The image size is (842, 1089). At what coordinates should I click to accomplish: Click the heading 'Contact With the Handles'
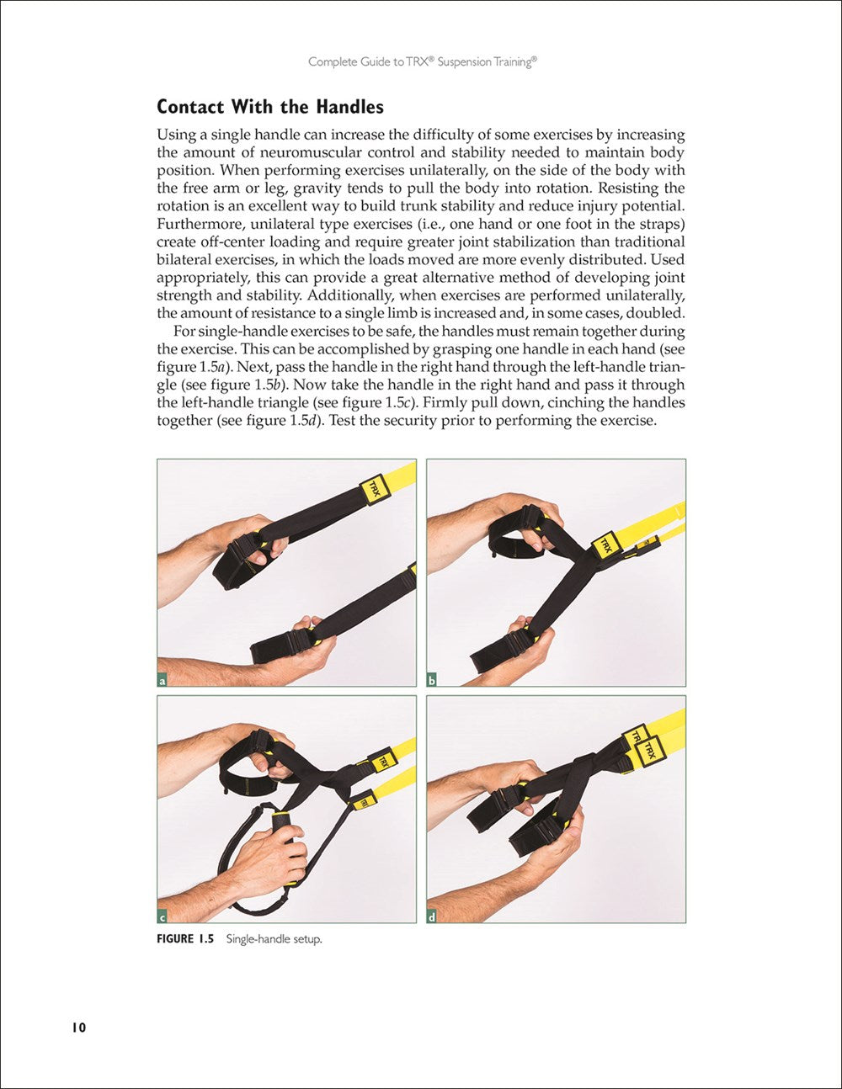tap(269, 107)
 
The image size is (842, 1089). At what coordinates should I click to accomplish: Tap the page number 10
tap(78, 1028)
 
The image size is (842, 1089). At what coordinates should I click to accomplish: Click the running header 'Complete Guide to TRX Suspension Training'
tap(422, 61)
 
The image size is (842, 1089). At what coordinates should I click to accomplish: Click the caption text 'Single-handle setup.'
tap(274, 939)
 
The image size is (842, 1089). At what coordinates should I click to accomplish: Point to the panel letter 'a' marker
tap(163, 680)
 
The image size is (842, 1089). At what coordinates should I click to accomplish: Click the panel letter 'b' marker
tap(432, 680)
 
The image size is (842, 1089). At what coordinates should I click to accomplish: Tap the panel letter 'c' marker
tap(163, 916)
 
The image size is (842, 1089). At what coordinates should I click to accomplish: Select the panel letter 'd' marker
tap(432, 916)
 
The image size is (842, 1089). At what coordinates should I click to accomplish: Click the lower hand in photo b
tap(522, 648)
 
